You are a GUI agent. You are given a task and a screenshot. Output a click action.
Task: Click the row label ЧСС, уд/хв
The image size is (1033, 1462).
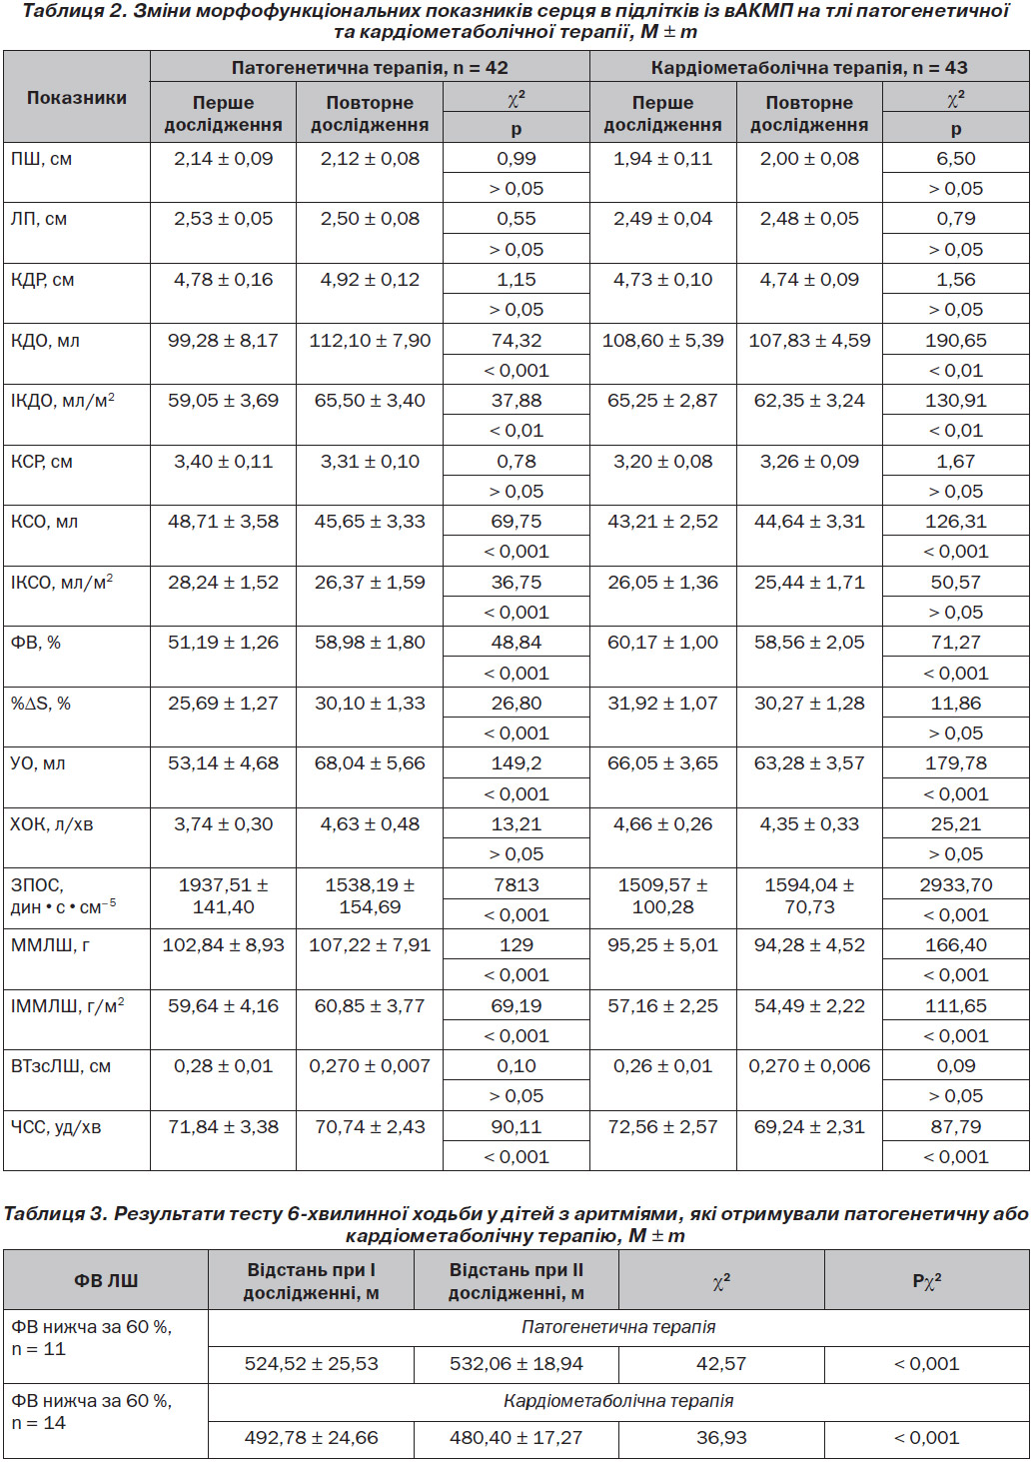(56, 1127)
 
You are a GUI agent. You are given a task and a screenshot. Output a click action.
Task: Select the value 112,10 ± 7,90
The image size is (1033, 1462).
(370, 340)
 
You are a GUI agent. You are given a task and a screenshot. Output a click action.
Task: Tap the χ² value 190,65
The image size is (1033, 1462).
(955, 340)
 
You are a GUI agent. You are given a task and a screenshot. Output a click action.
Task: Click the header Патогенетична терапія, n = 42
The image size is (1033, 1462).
(370, 67)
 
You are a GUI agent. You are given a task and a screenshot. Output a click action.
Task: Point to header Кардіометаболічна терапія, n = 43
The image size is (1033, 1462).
(809, 67)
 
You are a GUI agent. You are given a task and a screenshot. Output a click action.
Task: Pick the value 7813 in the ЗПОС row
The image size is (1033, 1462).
(516, 884)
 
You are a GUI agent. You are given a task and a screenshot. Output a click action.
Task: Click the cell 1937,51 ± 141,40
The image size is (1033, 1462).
(223, 895)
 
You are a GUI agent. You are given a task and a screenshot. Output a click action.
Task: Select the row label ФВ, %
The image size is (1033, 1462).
(36, 643)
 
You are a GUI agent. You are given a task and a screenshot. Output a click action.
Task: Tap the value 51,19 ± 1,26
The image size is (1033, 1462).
(223, 643)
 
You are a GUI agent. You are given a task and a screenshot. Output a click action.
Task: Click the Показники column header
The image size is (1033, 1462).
(76, 98)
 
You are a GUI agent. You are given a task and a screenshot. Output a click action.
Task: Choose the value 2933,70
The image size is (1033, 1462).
(955, 884)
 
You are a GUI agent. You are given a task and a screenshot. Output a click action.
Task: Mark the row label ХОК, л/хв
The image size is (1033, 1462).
(52, 824)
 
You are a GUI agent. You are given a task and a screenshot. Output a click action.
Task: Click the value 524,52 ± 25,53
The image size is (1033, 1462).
(312, 1363)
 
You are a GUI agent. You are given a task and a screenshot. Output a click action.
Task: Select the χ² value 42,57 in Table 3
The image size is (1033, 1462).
(721, 1363)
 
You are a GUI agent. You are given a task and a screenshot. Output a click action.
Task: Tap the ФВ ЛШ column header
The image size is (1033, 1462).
(106, 1280)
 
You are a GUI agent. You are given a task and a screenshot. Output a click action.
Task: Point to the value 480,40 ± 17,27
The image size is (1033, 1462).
(516, 1436)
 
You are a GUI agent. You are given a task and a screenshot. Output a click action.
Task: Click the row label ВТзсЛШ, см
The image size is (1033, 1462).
(61, 1066)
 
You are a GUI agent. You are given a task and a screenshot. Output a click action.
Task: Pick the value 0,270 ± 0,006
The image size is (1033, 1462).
(809, 1066)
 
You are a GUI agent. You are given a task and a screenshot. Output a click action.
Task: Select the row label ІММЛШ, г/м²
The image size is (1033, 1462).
(67, 1005)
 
